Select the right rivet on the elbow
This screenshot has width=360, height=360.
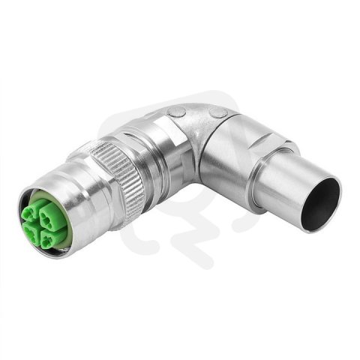219,112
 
